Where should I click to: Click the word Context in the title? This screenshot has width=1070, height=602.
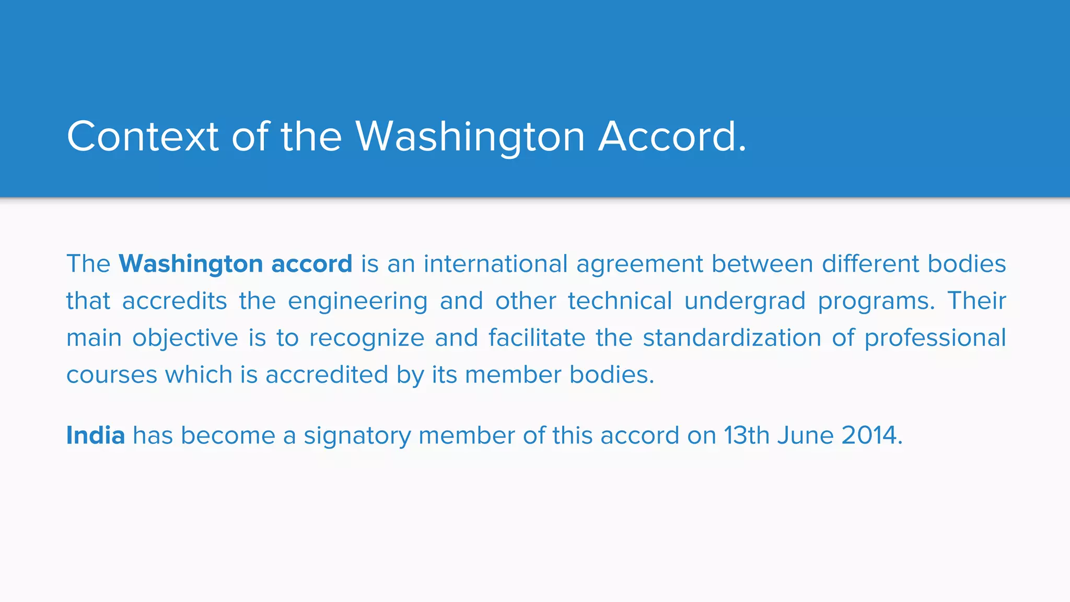click(142, 136)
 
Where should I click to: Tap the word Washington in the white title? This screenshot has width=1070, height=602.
click(470, 136)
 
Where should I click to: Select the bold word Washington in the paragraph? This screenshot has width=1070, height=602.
click(191, 264)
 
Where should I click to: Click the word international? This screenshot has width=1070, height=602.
click(495, 264)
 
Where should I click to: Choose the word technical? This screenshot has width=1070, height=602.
click(620, 301)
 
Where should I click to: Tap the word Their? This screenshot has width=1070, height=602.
click(976, 300)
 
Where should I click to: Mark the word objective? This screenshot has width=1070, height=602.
click(185, 339)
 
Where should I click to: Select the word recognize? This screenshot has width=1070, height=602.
click(367, 339)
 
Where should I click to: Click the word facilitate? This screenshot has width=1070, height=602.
click(537, 338)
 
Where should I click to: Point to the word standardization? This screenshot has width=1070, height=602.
click(732, 338)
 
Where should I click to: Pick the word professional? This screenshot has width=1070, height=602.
click(935, 339)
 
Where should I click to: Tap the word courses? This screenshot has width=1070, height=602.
click(112, 375)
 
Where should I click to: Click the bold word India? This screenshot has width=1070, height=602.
click(96, 435)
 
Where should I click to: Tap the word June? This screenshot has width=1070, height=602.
click(805, 435)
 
